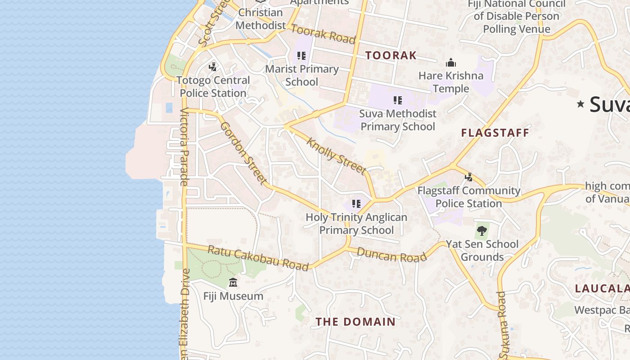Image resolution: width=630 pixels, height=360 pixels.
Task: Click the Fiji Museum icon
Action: click(x=233, y=283)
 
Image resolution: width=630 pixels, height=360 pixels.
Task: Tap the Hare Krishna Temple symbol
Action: click(x=450, y=63)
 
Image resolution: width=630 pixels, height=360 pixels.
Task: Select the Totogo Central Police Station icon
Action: click(x=212, y=67)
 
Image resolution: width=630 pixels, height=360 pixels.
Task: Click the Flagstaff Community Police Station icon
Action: click(x=468, y=177)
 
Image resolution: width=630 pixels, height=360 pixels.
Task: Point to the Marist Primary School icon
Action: click(x=301, y=56)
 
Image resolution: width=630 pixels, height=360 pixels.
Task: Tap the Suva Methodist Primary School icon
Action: click(x=397, y=100)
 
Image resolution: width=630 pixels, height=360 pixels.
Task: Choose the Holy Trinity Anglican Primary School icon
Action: click(x=356, y=204)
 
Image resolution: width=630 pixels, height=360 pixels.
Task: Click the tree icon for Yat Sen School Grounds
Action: click(x=482, y=231)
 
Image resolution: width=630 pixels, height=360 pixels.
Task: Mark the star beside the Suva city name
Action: click(x=580, y=104)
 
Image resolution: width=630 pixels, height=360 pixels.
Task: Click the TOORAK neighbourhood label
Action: click(x=391, y=55)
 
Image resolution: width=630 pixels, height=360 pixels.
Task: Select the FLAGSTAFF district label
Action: click(x=495, y=133)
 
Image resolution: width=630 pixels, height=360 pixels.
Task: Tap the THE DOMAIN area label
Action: click(x=355, y=322)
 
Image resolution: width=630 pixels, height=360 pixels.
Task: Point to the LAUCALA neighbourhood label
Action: click(x=602, y=288)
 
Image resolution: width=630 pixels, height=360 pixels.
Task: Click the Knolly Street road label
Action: click(x=336, y=156)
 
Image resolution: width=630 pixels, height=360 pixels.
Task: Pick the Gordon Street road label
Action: click(x=243, y=153)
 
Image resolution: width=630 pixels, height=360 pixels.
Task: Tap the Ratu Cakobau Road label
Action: click(x=258, y=258)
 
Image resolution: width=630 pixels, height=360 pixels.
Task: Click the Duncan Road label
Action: click(x=391, y=255)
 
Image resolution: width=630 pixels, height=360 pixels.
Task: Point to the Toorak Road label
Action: click(x=323, y=34)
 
